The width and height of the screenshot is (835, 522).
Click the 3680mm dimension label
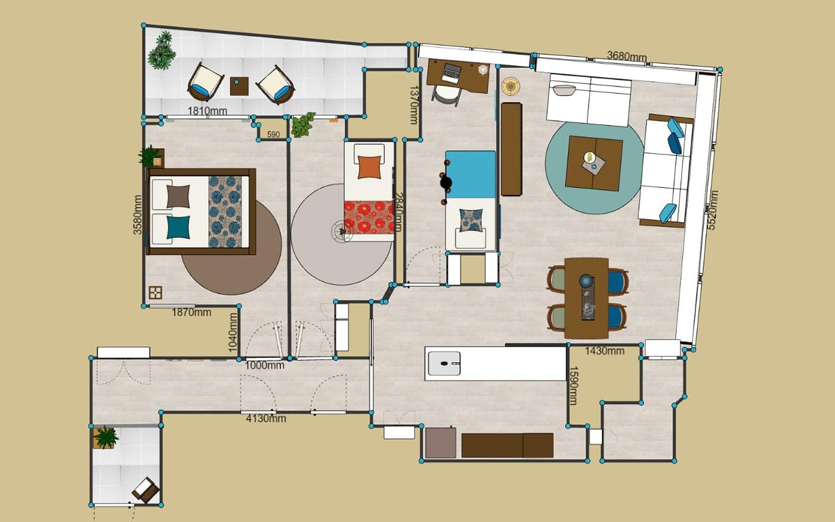pos(627,56)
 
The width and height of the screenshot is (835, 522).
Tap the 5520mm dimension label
pos(712,210)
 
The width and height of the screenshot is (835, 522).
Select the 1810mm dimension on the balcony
pos(208,111)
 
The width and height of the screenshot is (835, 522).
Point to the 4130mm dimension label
pos(266,418)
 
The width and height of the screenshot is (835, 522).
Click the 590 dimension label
pos(273,134)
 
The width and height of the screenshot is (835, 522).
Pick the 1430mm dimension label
pos(604,351)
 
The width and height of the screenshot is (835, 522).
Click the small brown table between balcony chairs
pos(239,86)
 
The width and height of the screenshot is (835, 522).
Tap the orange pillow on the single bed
pos(369,166)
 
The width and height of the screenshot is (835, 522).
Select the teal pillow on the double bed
pos(178,227)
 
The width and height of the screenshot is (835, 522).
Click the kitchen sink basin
pos(444,363)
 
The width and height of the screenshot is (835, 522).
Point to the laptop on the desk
pos(452,73)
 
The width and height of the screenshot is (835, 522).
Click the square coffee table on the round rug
pos(594,163)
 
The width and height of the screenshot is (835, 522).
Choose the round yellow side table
pos(511,87)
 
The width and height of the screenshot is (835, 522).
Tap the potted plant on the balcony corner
pos(162,51)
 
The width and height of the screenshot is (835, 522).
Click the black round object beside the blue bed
pos(446,183)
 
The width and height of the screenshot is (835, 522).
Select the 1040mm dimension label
pos(233,332)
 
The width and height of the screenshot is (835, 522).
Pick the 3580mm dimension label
pos(138,215)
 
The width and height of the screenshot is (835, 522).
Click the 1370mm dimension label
pos(414,105)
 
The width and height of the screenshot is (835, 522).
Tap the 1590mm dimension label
pos(573,385)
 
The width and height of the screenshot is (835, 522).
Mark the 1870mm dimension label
pos(191,312)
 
